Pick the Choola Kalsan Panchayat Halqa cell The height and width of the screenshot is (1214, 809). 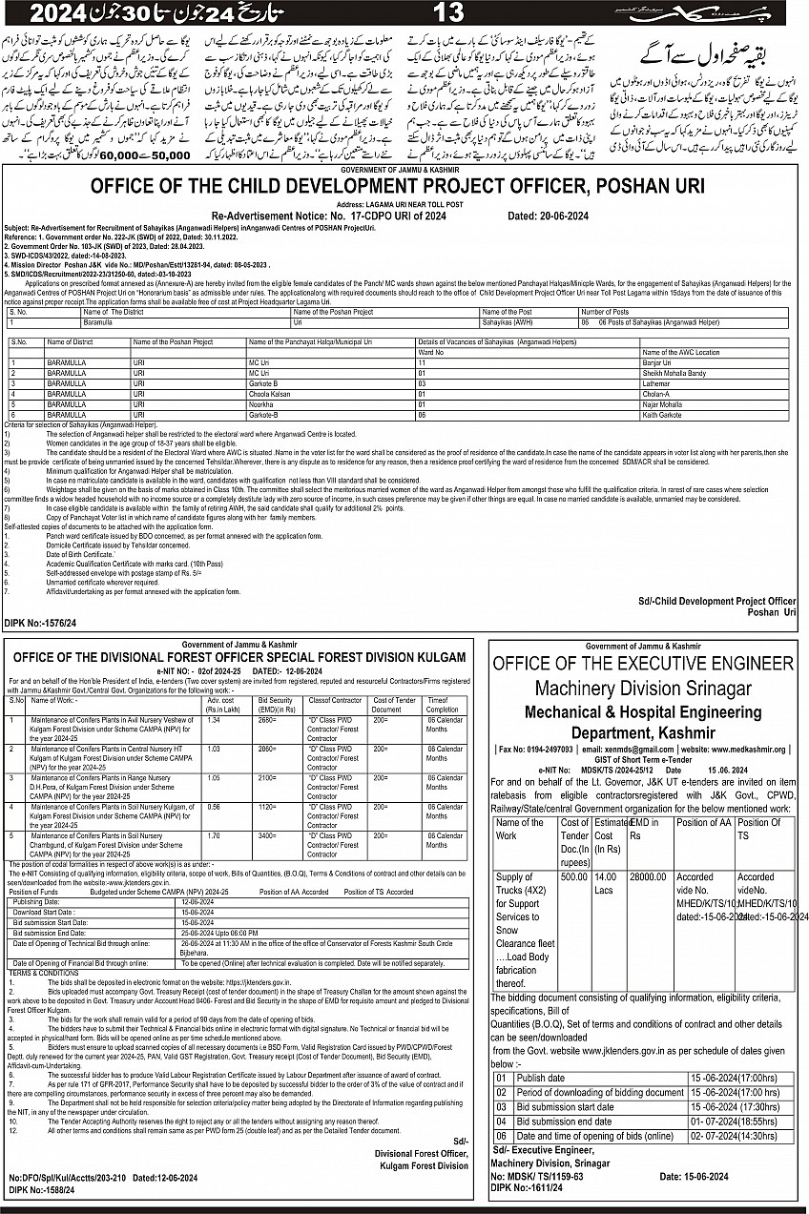click(271, 393)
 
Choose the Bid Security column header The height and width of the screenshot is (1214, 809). click(275, 705)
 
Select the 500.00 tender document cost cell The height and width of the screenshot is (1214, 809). click(574, 876)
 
